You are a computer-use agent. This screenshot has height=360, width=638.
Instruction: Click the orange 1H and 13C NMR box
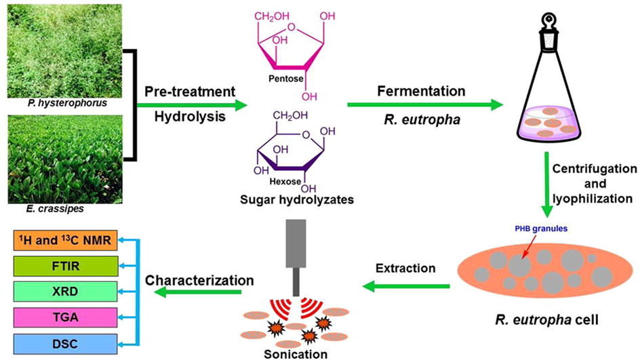coord(64,239)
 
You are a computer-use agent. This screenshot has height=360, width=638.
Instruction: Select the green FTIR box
coord(64,264)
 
